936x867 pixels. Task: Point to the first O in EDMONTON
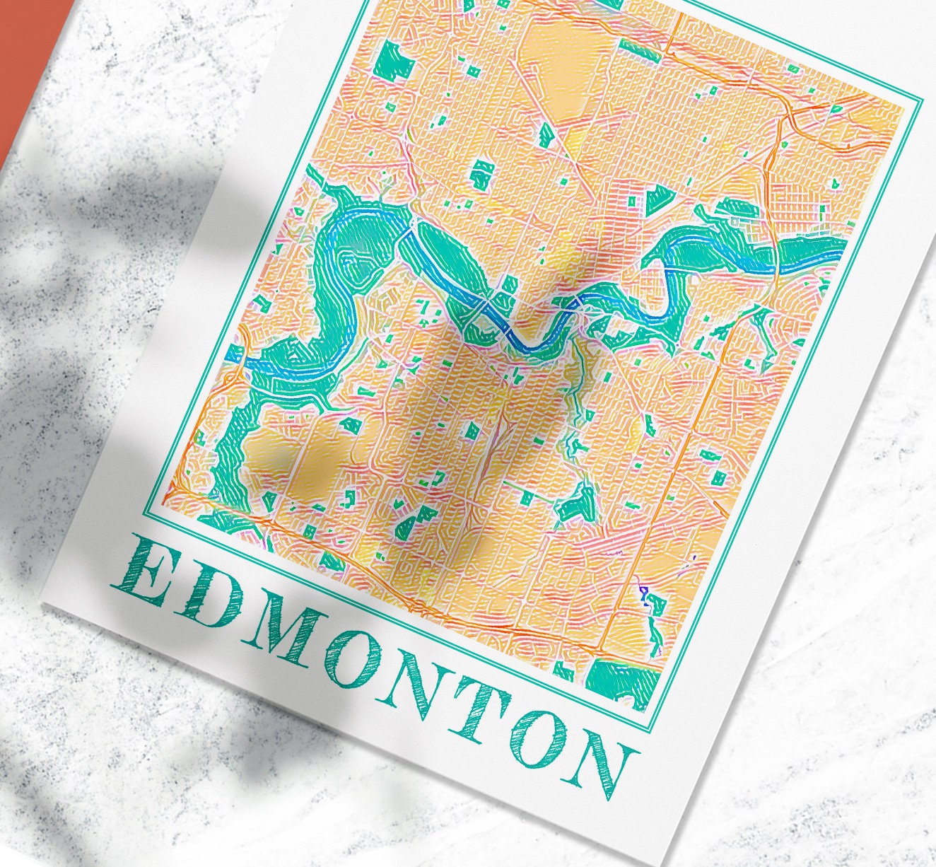[360, 661]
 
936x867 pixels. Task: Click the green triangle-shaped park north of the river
[657, 199]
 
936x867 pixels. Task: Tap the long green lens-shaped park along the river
[452, 262]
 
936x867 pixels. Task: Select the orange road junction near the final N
[602, 647]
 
